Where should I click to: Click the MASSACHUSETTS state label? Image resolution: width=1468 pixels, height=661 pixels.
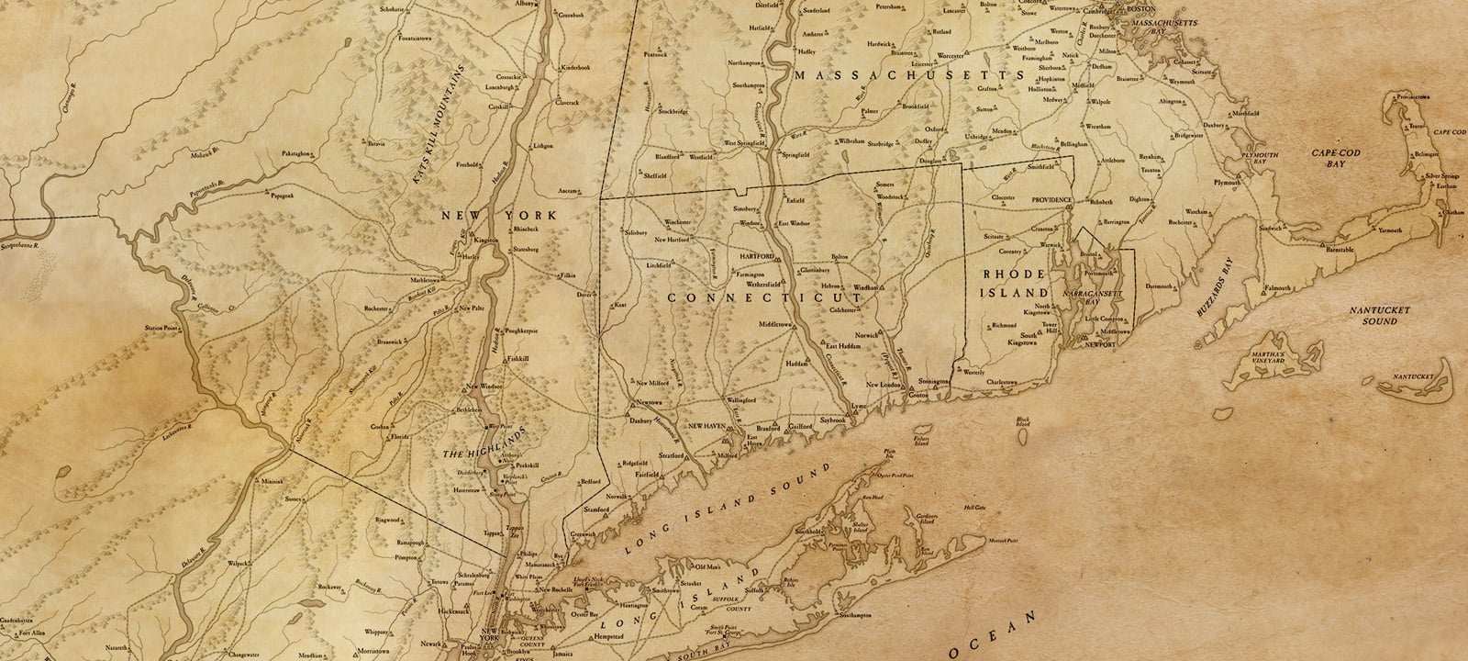point(907,75)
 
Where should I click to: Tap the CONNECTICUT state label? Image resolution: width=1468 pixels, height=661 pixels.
point(765,298)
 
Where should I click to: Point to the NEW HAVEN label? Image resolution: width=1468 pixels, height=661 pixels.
point(707,427)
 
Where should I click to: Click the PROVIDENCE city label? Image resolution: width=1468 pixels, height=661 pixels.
point(1051,199)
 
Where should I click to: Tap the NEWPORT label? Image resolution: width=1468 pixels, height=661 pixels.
point(1100,343)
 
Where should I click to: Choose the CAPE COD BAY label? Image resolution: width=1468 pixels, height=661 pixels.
point(1328,158)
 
